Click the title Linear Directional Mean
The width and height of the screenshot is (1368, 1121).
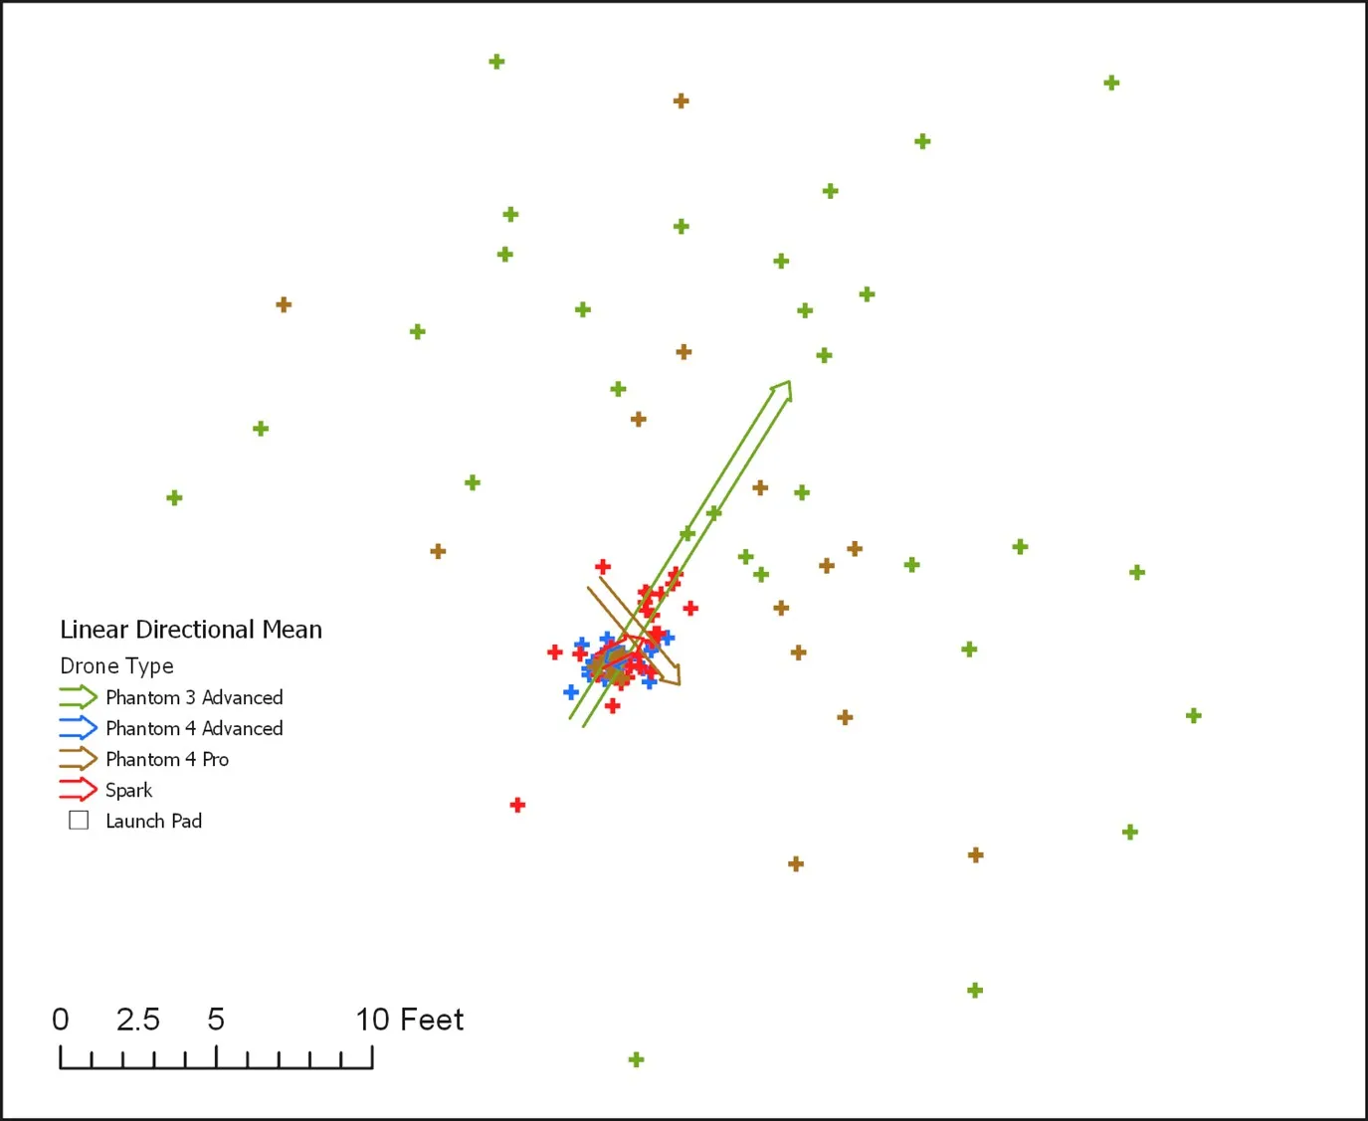(191, 630)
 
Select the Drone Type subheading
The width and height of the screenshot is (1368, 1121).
(116, 665)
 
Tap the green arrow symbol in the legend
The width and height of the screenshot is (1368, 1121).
(78, 696)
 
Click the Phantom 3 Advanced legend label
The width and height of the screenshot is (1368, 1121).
(194, 697)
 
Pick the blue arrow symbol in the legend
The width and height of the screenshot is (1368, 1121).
(78, 727)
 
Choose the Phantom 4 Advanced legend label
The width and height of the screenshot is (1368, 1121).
(194, 728)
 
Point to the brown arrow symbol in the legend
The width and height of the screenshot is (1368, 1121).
(78, 759)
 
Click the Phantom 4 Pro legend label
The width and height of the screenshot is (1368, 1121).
(167, 759)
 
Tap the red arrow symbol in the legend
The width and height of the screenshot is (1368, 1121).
(78, 790)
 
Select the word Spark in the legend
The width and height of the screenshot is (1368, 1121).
(129, 790)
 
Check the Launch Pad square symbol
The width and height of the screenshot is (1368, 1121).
(79, 820)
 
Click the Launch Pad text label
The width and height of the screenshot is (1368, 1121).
(153, 821)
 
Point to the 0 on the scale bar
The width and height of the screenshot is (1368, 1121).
(61, 1020)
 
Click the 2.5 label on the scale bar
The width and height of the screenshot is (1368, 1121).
(137, 1020)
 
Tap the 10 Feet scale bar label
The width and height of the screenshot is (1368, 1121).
(409, 1020)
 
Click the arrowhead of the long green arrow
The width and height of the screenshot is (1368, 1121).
(783, 389)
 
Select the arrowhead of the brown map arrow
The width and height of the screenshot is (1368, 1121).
(672, 675)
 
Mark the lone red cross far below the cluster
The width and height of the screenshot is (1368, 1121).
(517, 805)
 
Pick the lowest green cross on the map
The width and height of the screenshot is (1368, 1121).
(637, 1059)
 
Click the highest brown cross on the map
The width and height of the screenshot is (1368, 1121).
(681, 100)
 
